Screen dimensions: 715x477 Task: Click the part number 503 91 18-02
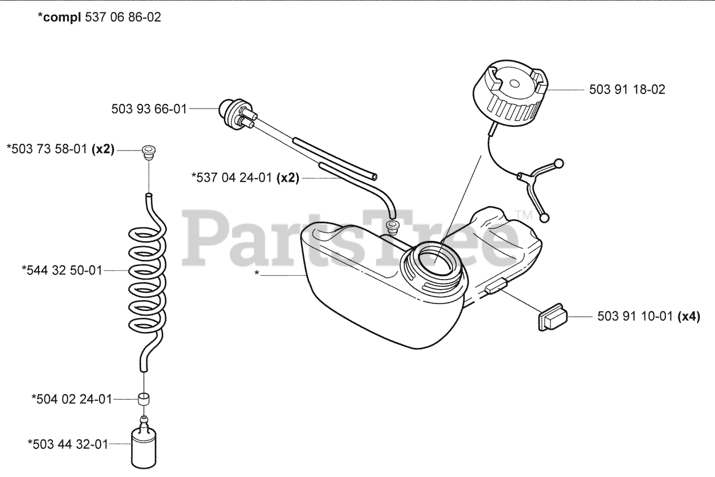[627, 89]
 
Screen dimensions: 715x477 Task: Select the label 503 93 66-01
[149, 109]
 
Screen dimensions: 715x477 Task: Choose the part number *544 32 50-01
[61, 271]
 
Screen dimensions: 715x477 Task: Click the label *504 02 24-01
[71, 399]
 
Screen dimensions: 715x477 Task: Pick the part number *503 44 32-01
[68, 444]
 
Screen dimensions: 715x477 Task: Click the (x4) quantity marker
[689, 317]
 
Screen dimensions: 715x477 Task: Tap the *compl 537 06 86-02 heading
[99, 17]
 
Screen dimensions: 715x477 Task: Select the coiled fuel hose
[147, 280]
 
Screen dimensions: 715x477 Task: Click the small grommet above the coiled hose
[148, 151]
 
